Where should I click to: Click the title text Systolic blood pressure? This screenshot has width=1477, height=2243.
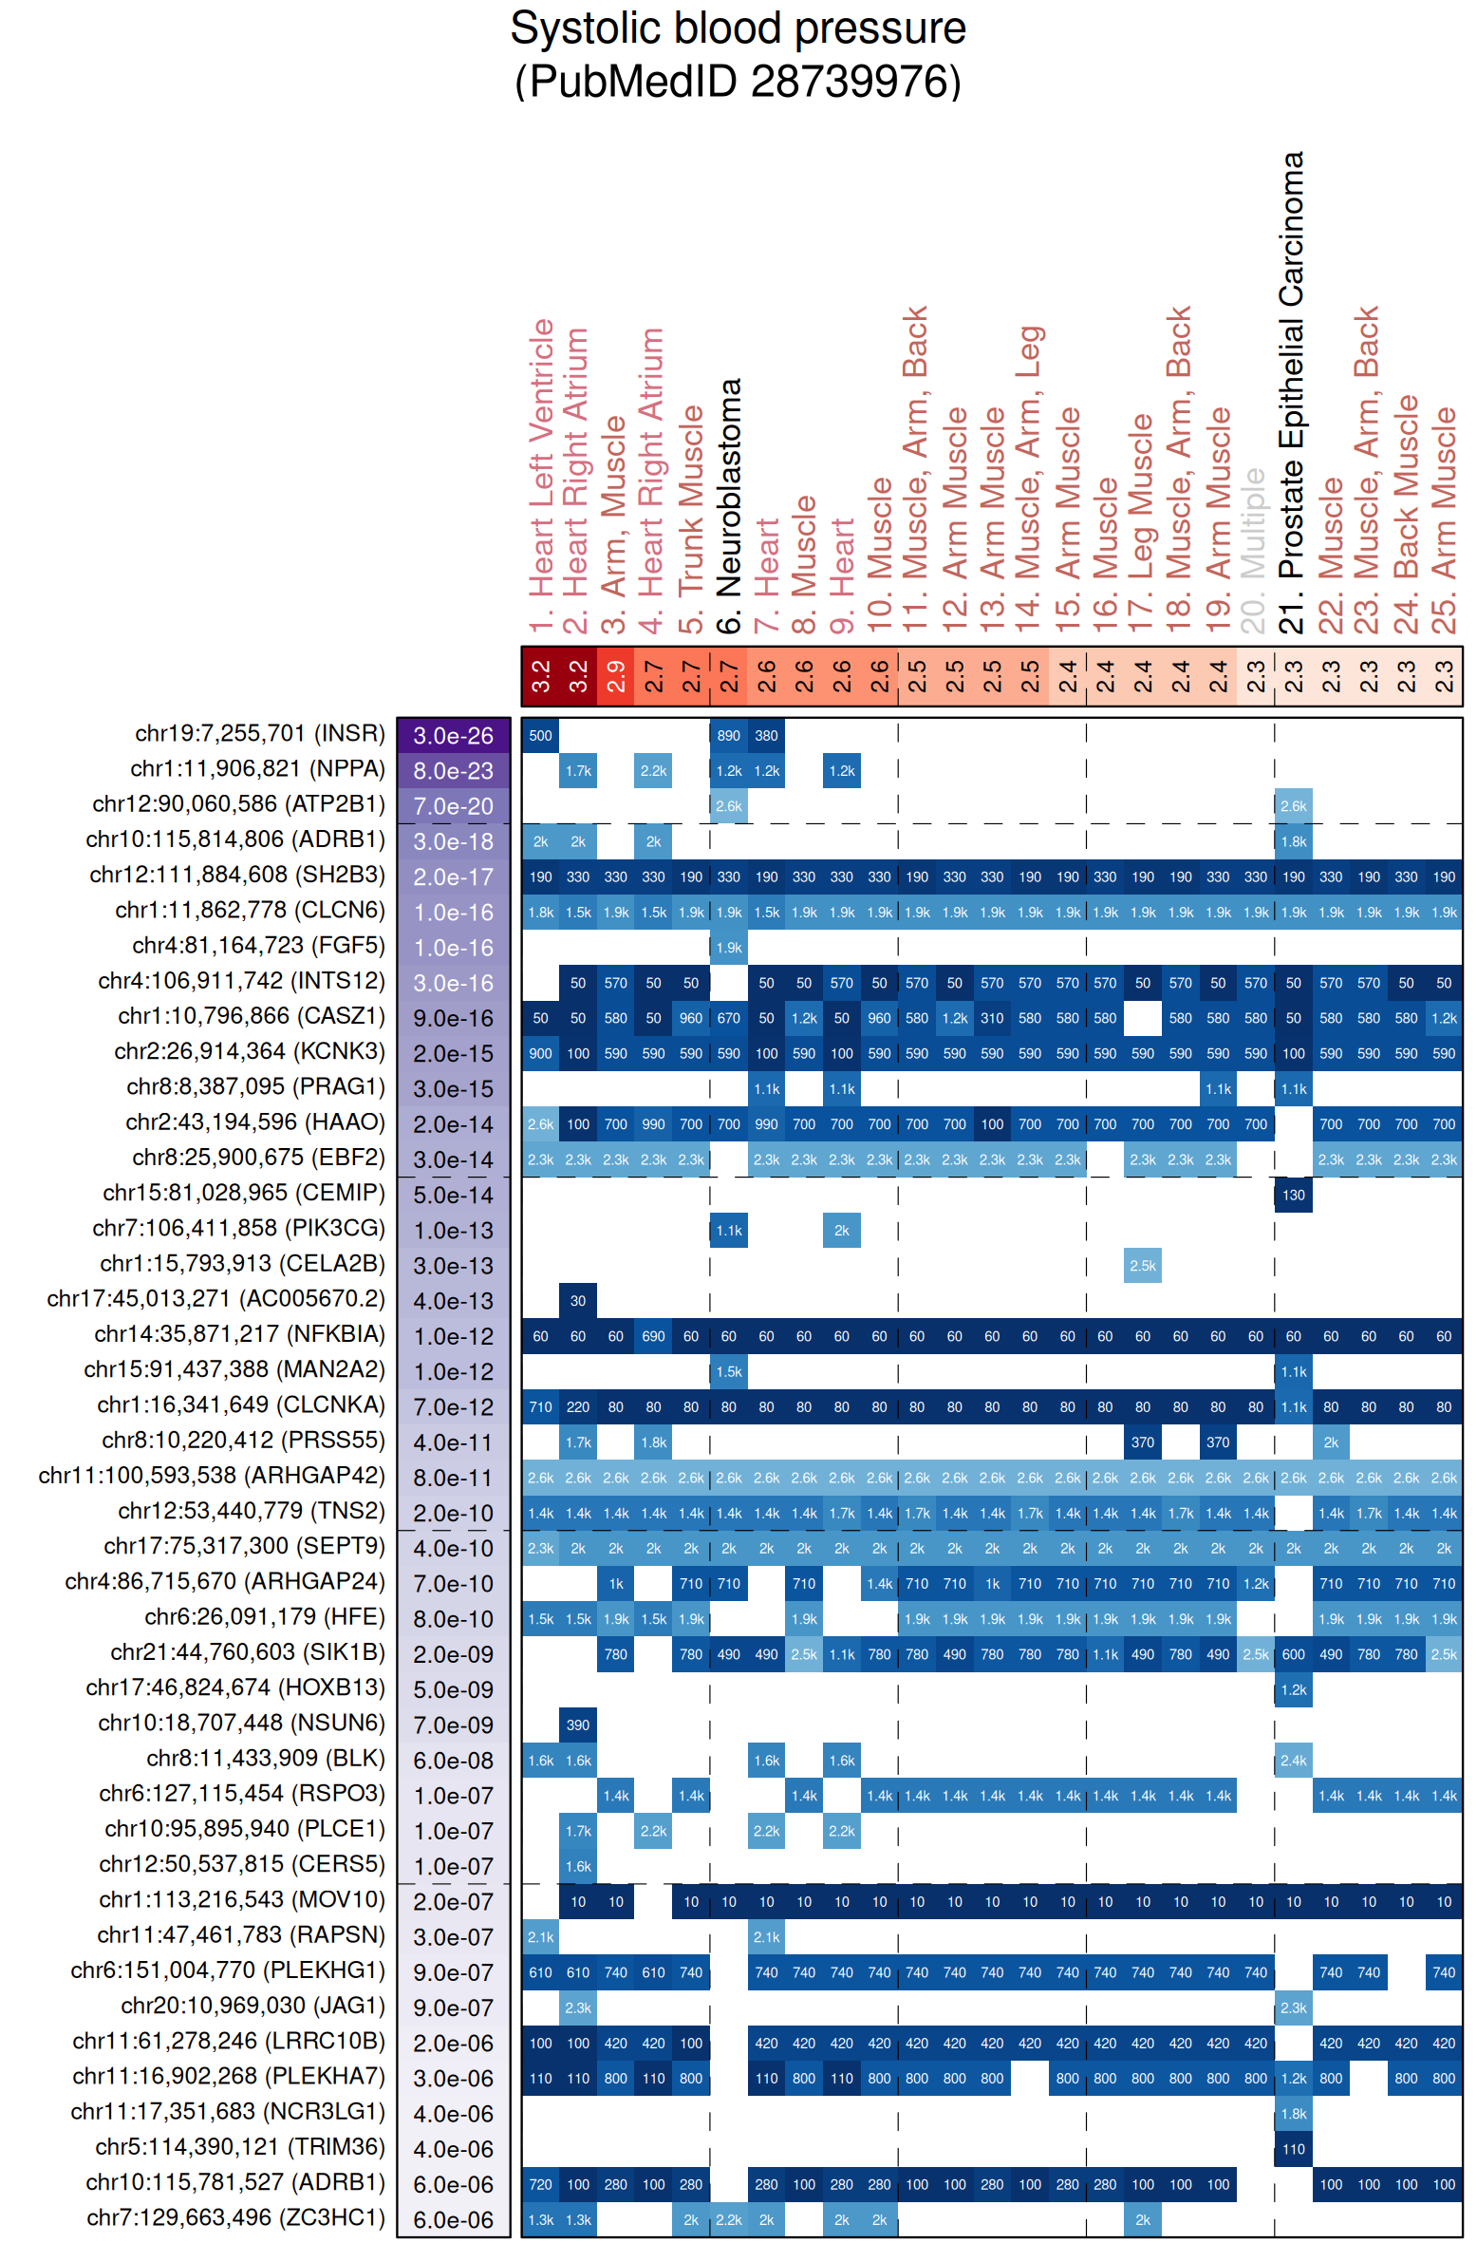pyautogui.click(x=738, y=28)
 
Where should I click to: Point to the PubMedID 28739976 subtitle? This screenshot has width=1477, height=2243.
pyautogui.click(x=738, y=82)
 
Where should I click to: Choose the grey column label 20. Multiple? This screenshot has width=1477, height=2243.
pyautogui.click(x=1255, y=550)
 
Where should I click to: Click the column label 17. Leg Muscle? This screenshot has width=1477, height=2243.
pyautogui.click(x=1142, y=523)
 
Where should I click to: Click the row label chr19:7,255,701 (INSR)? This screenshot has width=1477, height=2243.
pyautogui.click(x=260, y=734)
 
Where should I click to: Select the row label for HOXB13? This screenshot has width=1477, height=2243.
pyautogui.click(x=235, y=1688)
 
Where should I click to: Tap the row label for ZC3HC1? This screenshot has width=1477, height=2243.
pyautogui.click(x=235, y=2218)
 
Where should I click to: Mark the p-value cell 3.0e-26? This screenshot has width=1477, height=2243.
pyautogui.click(x=454, y=736)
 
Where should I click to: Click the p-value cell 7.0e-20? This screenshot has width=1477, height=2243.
pyautogui.click(x=454, y=806)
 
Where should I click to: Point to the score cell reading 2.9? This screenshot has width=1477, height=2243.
pyautogui.click(x=616, y=676)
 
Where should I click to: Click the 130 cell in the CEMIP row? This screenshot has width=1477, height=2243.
pyautogui.click(x=1293, y=1196)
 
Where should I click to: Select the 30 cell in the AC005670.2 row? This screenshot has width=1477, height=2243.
pyautogui.click(x=578, y=1301)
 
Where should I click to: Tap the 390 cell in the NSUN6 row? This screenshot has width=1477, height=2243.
pyautogui.click(x=578, y=1725)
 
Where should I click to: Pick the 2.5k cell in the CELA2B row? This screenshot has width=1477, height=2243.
pyautogui.click(x=1142, y=1266)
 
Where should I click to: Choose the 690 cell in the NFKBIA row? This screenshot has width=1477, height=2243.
pyautogui.click(x=653, y=1337)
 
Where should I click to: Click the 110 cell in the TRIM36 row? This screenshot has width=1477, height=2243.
pyautogui.click(x=1293, y=2149)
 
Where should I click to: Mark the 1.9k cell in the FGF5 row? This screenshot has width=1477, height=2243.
pyautogui.click(x=729, y=948)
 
